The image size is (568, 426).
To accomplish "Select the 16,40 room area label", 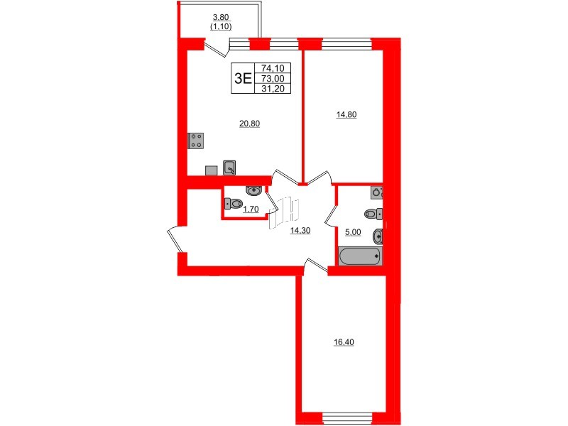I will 343,342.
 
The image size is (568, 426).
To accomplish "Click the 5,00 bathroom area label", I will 353,231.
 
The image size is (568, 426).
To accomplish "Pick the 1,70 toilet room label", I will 250,209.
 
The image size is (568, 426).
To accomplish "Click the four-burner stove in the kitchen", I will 197,141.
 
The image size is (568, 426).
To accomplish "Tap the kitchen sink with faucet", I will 230,168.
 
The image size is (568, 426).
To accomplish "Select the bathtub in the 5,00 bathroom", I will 360,256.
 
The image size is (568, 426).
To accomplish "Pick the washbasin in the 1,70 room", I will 253,190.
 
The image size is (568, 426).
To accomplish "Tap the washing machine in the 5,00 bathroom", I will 377,191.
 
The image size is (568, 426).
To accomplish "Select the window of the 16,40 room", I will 343,416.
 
